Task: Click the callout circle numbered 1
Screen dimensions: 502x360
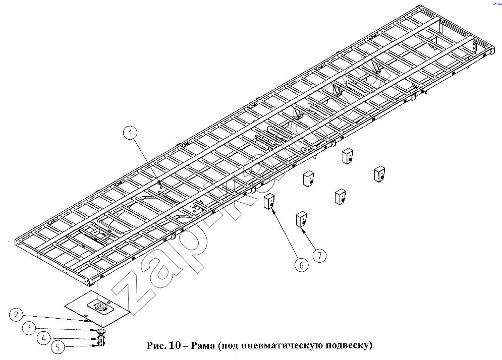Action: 130,133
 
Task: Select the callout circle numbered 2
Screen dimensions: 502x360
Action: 16,315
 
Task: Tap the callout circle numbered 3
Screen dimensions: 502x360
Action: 29,328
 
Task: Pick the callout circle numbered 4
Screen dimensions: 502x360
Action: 43,338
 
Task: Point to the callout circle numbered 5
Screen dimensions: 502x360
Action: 58,347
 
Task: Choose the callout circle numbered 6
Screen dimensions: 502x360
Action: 301,265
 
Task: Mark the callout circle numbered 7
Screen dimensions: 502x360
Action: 319,255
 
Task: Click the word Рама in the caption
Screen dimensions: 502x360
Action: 203,345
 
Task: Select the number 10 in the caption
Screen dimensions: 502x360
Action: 175,345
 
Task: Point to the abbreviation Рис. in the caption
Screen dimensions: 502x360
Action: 157,345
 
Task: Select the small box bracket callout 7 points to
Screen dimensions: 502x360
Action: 301,219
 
